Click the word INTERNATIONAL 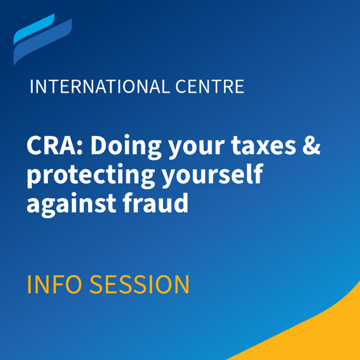pos(100,87)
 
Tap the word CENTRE pos(210,87)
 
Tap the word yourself pos(212,176)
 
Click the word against pos(71,205)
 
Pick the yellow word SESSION pos(139,284)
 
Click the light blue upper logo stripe pos(34,29)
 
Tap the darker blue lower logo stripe pos(42,42)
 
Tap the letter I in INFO pos(29,284)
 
